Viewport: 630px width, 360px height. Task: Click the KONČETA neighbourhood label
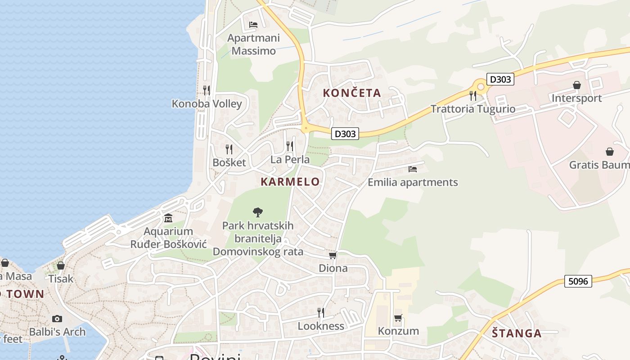(x=352, y=93)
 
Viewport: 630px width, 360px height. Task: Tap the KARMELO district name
(x=290, y=182)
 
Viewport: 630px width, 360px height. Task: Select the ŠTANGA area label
(x=516, y=333)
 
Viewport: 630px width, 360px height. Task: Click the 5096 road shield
(x=578, y=281)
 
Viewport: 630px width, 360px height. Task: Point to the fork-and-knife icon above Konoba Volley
(x=206, y=90)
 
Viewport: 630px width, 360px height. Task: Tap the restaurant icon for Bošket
(x=229, y=149)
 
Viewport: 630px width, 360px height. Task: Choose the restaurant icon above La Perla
(x=290, y=146)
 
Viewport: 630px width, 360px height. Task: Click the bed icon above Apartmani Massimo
(x=253, y=24)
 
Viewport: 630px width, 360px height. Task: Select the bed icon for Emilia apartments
(x=413, y=169)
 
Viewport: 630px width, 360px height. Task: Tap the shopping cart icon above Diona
(x=333, y=255)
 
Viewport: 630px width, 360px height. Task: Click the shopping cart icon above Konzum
(x=398, y=318)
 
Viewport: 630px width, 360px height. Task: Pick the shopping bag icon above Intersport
(x=576, y=85)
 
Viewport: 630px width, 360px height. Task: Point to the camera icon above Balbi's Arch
(x=57, y=319)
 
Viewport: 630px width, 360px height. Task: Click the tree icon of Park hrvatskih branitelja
(x=258, y=211)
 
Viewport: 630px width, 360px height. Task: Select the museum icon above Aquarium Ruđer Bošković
(x=168, y=218)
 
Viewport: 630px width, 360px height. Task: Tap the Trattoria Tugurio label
(x=472, y=109)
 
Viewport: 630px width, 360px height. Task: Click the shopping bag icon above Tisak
(x=61, y=265)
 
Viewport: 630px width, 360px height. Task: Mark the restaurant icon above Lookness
(x=321, y=312)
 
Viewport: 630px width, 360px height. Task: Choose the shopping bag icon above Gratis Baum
(x=609, y=152)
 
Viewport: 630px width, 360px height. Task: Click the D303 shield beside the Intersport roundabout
(x=500, y=79)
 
